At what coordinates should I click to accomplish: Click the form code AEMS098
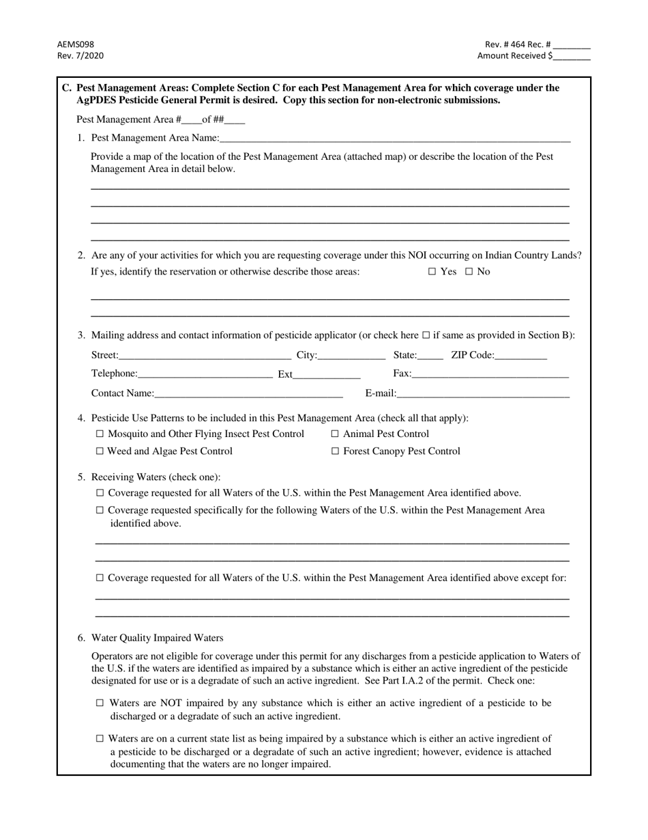pos(71,44)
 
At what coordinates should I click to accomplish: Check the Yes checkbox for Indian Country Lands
pos(432,272)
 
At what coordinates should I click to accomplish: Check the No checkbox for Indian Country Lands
pos(469,272)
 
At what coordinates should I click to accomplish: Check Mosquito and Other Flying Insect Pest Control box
pos(100,434)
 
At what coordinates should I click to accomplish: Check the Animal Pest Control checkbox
pos(335,434)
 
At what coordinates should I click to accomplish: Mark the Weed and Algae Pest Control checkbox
pos(100,451)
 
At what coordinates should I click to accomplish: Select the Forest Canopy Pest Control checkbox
pos(335,451)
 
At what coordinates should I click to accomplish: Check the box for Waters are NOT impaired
pos(100,703)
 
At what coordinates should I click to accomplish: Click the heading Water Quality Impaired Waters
pos(157,638)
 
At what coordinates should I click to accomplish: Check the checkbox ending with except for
pos(100,578)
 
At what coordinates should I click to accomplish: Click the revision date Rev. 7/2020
pos(80,56)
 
